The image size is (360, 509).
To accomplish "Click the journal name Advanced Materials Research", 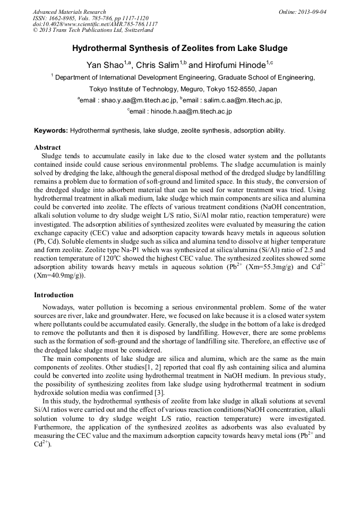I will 69,12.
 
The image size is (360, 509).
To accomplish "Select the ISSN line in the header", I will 92,18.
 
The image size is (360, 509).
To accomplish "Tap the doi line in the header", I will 95,24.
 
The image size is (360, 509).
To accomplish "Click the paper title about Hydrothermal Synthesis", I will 179,48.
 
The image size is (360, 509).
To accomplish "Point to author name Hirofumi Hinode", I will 234,65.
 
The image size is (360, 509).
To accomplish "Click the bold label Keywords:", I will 51,131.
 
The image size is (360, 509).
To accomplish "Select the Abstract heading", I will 47,147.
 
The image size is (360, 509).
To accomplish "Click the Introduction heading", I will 54,295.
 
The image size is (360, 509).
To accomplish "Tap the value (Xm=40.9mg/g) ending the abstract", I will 59,276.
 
